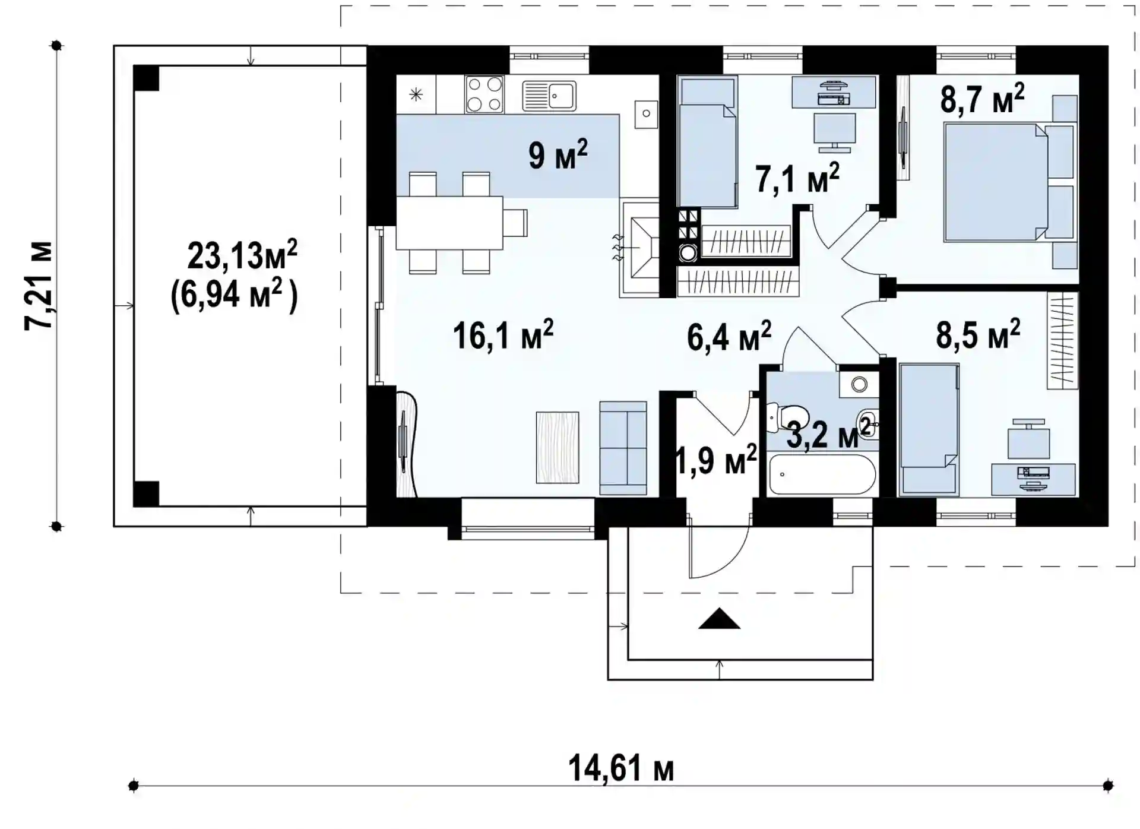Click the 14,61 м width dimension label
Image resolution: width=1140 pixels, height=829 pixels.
[621, 768]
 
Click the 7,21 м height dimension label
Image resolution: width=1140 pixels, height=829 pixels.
[39, 286]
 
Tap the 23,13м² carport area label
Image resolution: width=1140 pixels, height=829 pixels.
[242, 255]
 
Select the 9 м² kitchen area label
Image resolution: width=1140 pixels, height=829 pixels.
[558, 155]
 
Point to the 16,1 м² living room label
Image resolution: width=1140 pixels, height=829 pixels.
[503, 335]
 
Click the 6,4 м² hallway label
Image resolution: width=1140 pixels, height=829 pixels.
[729, 337]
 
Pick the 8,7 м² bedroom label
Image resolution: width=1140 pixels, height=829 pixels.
[982, 99]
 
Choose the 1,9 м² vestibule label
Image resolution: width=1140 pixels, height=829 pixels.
[717, 460]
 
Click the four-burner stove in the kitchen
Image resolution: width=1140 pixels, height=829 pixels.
[484, 94]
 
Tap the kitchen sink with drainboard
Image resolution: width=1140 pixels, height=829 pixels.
[549, 96]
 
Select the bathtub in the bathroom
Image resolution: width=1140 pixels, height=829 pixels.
[822, 474]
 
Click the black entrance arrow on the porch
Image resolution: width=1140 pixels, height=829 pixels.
[719, 619]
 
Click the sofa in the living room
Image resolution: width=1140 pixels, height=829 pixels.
[623, 448]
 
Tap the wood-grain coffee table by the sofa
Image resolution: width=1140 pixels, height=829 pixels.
[557, 447]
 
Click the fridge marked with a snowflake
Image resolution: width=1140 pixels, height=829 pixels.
[416, 94]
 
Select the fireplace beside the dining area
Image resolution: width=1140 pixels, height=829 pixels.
[639, 249]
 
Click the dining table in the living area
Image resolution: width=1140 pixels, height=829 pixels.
[449, 223]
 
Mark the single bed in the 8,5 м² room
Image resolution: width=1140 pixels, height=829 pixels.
[929, 429]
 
